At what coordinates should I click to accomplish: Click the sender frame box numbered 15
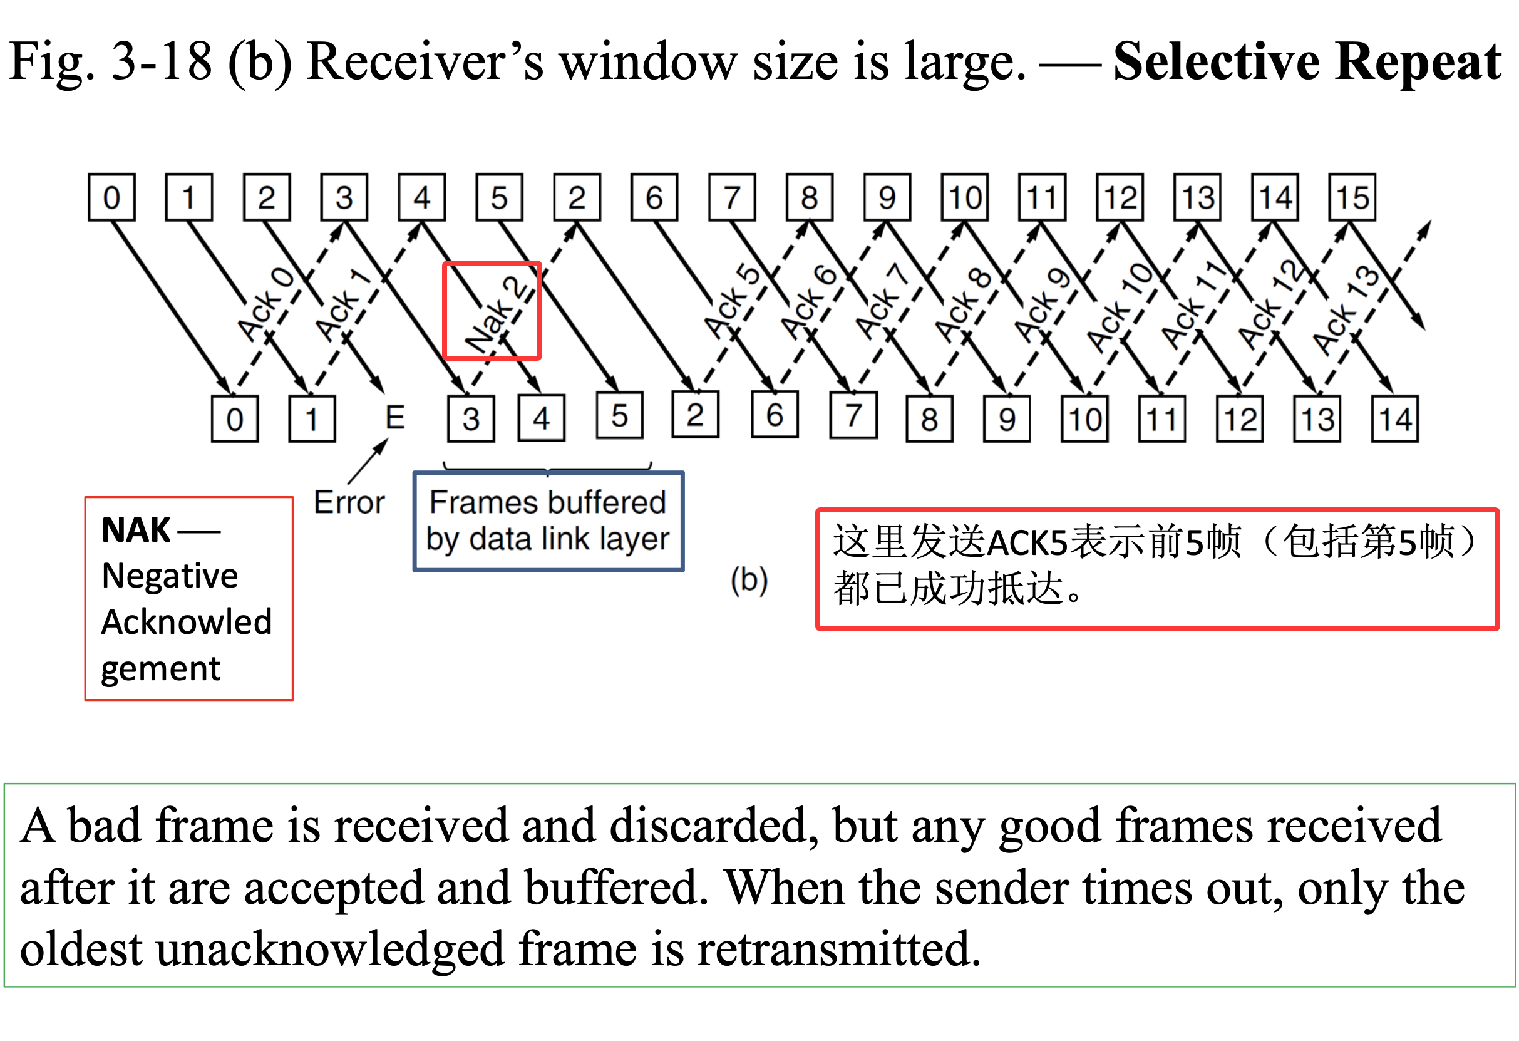tap(1352, 197)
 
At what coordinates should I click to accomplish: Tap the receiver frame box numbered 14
tap(1394, 419)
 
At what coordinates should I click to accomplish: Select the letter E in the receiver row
tap(395, 418)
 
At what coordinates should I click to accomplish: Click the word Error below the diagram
tap(349, 502)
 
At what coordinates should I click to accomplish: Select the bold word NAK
tap(136, 530)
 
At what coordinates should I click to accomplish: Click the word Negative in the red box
tap(170, 576)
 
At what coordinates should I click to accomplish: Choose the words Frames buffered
tap(548, 502)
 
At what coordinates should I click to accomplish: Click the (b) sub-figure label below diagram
tap(749, 580)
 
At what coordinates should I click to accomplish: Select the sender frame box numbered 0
tap(112, 197)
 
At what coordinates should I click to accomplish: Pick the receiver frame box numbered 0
tap(235, 419)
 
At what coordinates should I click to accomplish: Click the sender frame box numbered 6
tap(654, 197)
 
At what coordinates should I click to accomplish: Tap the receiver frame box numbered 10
tap(1084, 419)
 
